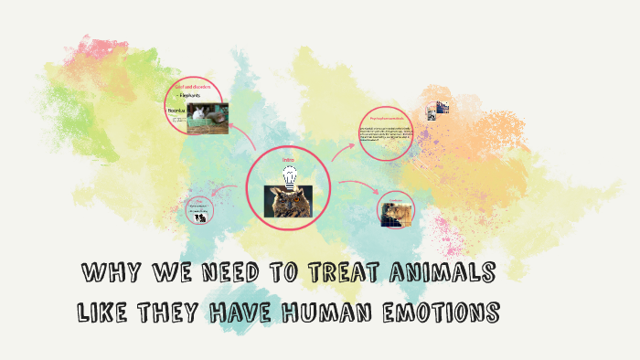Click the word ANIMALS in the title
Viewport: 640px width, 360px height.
(x=445, y=272)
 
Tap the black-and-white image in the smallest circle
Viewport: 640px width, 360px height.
(x=199, y=216)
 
